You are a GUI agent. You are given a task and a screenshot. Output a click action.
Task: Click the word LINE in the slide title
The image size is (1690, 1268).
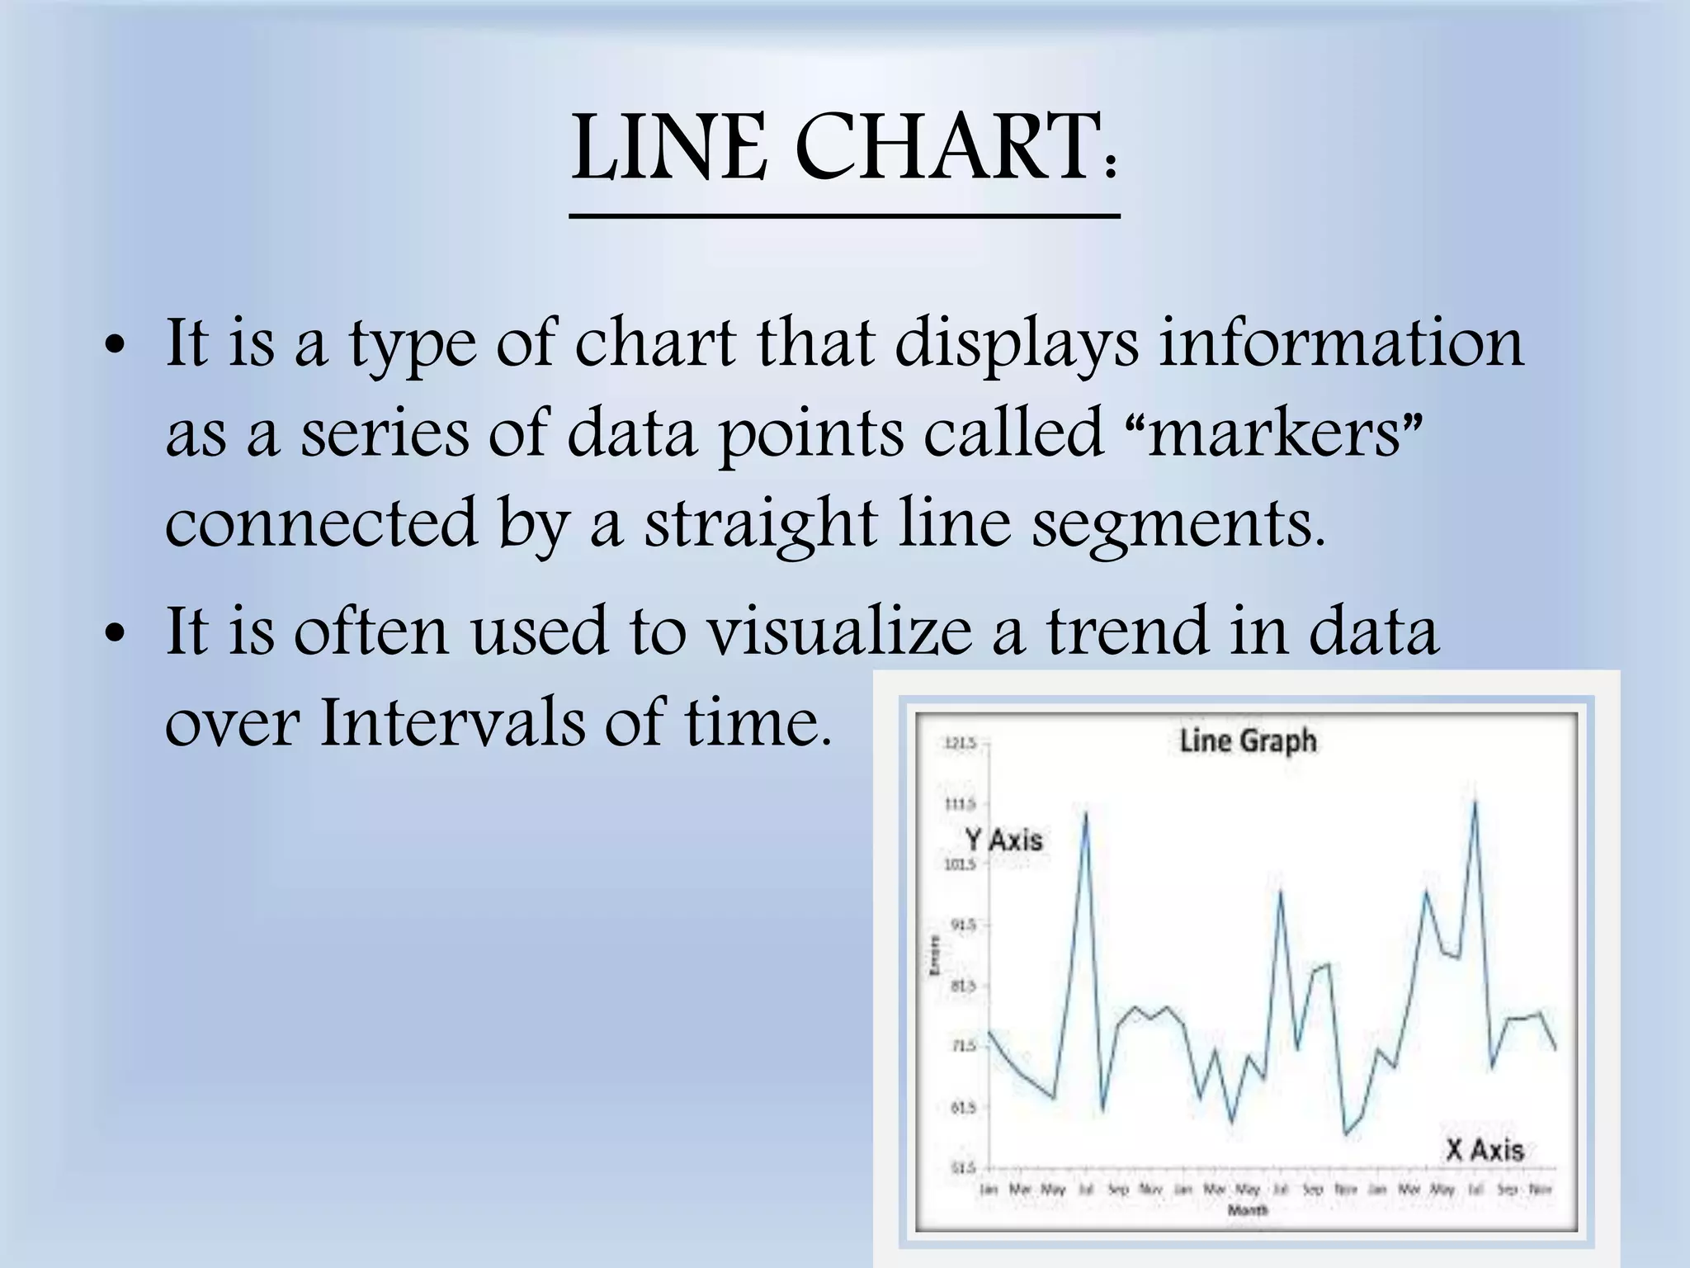pyautogui.click(x=669, y=149)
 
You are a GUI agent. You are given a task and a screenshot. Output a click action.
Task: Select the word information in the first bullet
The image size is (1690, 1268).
pyautogui.click(x=1341, y=343)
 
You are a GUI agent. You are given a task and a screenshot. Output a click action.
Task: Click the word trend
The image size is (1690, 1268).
pyautogui.click(x=1126, y=632)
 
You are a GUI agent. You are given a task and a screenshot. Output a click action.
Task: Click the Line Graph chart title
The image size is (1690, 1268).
pyautogui.click(x=1248, y=740)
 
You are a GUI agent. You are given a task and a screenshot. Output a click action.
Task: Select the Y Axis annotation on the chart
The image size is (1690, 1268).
pyautogui.click(x=1004, y=840)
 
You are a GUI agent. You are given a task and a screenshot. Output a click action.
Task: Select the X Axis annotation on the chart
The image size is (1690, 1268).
pyautogui.click(x=1484, y=1150)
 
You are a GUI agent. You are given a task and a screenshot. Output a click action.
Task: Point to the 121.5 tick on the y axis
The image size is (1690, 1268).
pyautogui.click(x=960, y=744)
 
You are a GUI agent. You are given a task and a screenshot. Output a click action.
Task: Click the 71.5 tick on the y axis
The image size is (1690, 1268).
pyautogui.click(x=960, y=1046)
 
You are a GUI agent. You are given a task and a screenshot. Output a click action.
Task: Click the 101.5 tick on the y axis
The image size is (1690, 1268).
pyautogui.click(x=960, y=864)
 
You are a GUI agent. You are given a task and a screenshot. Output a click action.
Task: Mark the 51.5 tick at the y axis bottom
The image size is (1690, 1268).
pyautogui.click(x=960, y=1167)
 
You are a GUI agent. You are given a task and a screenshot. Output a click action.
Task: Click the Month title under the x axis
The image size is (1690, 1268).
pyautogui.click(x=1248, y=1210)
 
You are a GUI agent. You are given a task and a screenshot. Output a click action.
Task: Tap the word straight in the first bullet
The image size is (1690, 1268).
pyautogui.click(x=759, y=524)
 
